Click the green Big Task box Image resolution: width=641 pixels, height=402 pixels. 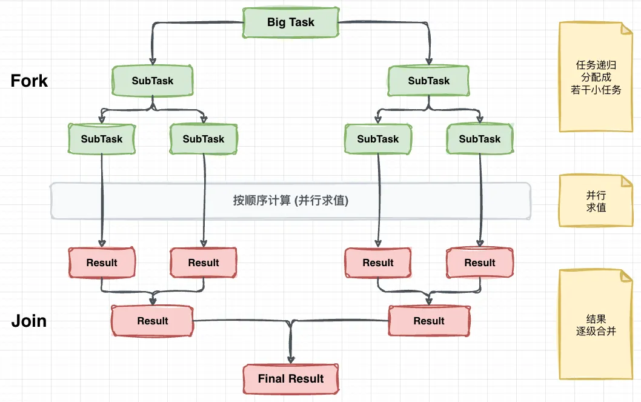[291, 22]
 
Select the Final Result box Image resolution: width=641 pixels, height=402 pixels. [291, 379]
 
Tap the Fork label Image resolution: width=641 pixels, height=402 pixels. [29, 81]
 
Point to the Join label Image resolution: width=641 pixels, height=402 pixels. [29, 321]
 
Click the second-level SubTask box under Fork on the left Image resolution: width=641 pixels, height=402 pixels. [153, 81]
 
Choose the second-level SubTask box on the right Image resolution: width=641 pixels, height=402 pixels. [429, 81]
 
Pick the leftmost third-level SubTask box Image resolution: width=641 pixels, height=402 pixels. [102, 139]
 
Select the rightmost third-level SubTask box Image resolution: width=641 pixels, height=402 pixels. [480, 139]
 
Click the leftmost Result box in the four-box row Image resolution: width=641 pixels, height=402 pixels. [102, 263]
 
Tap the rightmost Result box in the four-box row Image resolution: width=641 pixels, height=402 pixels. [480, 263]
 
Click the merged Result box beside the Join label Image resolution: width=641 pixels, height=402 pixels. [153, 321]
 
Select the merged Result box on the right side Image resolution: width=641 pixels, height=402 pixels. [429, 321]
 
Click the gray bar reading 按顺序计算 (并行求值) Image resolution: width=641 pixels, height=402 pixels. [291, 201]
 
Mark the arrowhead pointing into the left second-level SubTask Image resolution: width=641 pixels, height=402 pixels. [153, 61]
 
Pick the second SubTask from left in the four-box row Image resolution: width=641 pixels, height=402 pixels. [204, 139]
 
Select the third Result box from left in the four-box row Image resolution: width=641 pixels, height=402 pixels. [378, 263]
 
